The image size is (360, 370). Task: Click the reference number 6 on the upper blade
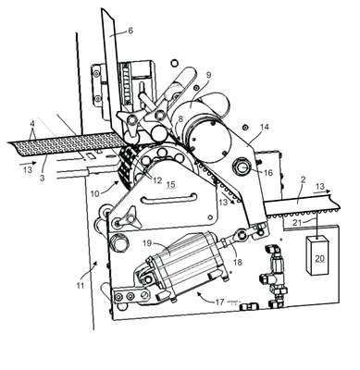click(x=130, y=31)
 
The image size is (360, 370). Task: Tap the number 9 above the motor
click(x=208, y=75)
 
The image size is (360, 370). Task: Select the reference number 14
click(x=265, y=127)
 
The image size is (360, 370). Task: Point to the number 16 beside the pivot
click(x=268, y=173)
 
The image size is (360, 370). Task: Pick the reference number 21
click(x=297, y=222)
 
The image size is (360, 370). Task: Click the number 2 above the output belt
click(x=304, y=179)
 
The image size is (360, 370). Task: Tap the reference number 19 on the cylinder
click(x=147, y=243)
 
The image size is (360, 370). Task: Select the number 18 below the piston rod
click(x=238, y=262)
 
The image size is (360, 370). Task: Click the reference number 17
click(x=219, y=302)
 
